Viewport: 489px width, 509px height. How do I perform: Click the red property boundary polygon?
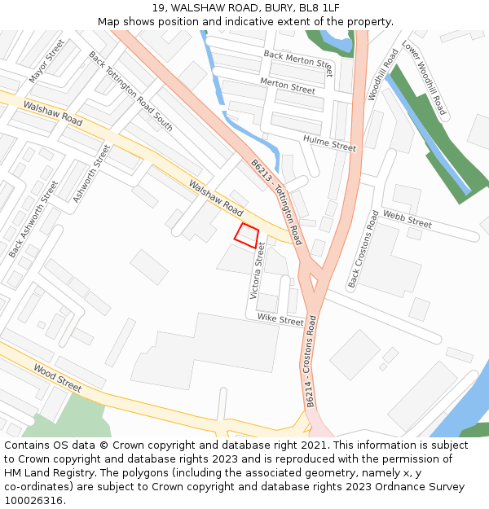(x=246, y=235)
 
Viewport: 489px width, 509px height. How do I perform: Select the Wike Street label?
(x=280, y=319)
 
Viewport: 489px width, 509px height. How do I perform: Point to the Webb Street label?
(x=407, y=220)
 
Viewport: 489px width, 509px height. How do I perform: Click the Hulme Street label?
(x=329, y=143)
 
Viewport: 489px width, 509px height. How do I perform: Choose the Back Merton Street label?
(x=298, y=62)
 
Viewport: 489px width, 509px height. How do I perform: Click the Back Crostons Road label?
(x=363, y=249)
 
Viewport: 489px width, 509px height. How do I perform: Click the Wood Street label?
(x=58, y=377)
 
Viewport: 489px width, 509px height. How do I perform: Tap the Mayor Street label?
(x=46, y=60)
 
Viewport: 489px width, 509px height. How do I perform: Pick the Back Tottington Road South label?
(x=130, y=91)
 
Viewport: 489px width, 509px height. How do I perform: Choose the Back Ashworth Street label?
(x=33, y=219)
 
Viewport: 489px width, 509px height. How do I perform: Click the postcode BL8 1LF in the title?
(x=319, y=8)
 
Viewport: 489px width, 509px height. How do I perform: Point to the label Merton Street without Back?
(x=287, y=86)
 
